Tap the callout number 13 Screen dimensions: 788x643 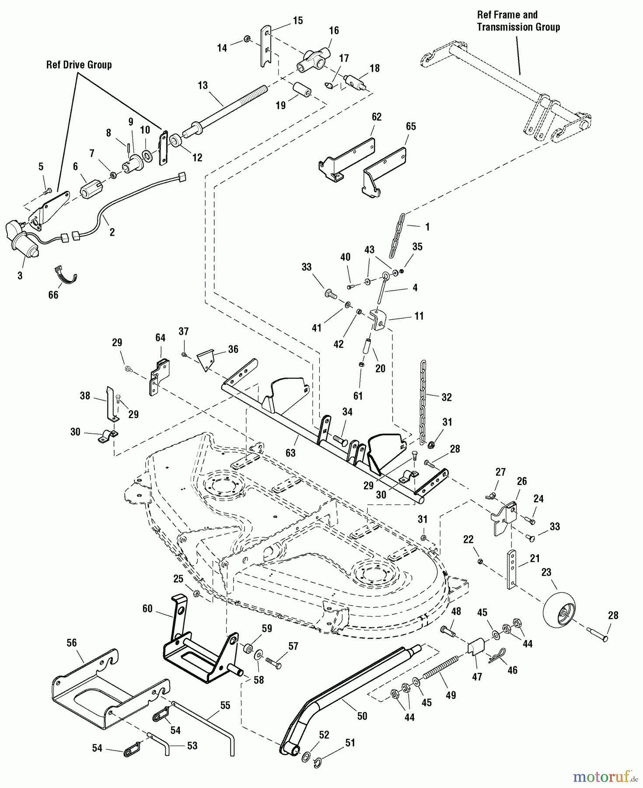(x=203, y=85)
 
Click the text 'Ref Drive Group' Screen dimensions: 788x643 (x=79, y=65)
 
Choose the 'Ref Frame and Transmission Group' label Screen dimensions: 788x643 (x=518, y=21)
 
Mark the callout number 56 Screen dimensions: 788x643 (x=71, y=643)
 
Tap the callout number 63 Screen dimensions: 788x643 (x=290, y=453)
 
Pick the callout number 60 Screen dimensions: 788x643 (x=147, y=609)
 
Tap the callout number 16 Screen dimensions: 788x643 (x=334, y=31)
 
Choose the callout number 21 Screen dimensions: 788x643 (x=535, y=559)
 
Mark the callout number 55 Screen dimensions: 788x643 (x=225, y=705)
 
